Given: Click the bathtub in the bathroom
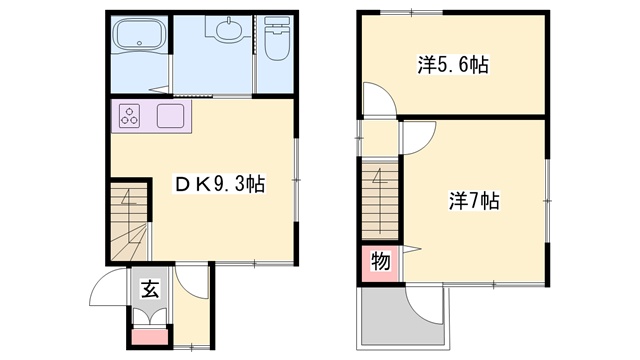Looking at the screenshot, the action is (139, 35).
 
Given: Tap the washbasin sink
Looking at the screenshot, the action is (228, 29).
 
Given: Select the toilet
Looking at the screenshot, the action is (277, 38).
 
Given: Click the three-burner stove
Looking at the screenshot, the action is (130, 116).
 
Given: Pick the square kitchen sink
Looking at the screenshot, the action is (171, 116).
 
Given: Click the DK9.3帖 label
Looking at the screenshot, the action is (220, 184).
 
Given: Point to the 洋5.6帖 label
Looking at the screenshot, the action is (453, 64).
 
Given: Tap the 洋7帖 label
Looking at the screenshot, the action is (474, 200).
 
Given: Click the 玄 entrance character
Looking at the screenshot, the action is (150, 289).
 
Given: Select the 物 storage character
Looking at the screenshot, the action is (380, 261).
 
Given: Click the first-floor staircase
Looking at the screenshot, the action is (129, 221).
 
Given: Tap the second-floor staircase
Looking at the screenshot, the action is (380, 200).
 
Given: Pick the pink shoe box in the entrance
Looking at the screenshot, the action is (150, 337).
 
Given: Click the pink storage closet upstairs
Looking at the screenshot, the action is (380, 263).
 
